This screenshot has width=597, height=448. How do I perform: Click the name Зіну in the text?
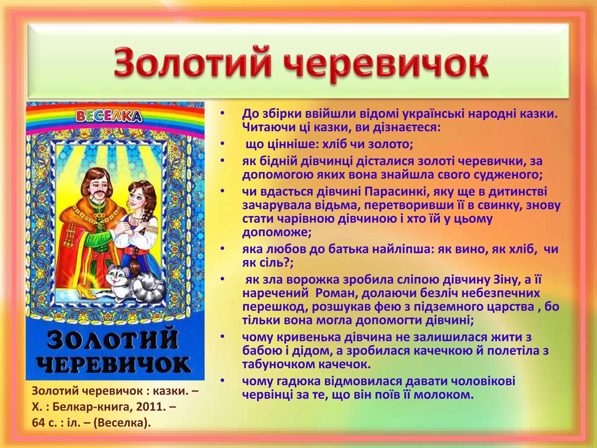point(506,279)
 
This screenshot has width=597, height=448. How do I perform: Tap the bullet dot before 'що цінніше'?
point(222,144)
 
